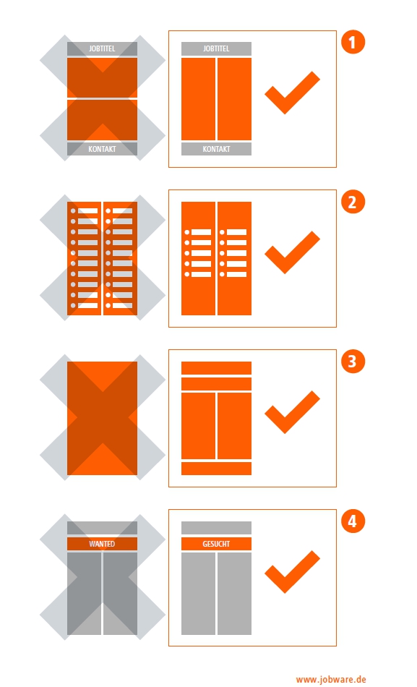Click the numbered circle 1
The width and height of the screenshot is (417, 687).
tap(353, 43)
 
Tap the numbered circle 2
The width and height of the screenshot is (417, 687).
tap(353, 202)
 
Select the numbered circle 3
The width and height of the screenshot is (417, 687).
tap(353, 362)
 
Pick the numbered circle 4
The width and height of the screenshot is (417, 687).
tap(353, 521)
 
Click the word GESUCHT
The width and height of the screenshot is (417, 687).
tap(216, 544)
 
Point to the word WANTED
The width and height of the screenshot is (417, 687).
tap(102, 544)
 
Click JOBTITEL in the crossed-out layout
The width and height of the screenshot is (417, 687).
tap(102, 48)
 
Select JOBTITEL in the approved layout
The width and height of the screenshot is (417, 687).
tap(216, 48)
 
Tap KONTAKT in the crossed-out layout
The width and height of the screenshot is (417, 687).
tap(102, 149)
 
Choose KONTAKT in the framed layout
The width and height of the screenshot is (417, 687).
tap(216, 149)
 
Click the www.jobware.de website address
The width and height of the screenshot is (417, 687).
tap(331, 680)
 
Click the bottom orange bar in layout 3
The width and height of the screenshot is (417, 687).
tap(216, 469)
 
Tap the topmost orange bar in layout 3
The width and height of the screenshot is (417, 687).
tap(216, 368)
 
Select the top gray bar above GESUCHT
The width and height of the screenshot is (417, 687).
tap(216, 528)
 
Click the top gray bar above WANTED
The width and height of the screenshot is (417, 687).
tap(102, 528)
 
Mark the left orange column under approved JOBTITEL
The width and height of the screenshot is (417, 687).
tap(199, 99)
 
